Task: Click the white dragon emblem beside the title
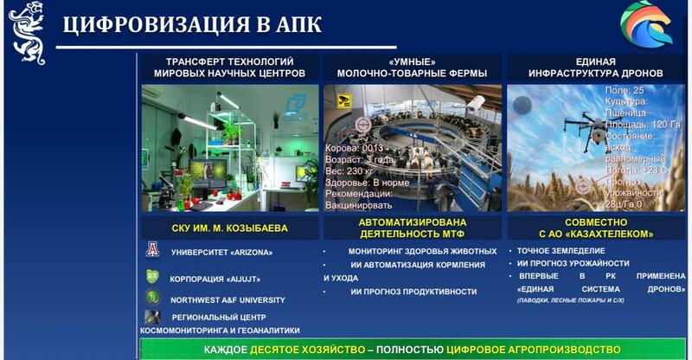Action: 26,32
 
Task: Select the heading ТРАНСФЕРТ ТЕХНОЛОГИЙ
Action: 229,61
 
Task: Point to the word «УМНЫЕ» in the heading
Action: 412,61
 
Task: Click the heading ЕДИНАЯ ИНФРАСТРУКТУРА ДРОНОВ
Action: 595,67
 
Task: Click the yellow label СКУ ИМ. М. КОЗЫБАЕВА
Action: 230,229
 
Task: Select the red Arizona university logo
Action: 153,251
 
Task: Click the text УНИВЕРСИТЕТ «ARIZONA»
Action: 221,253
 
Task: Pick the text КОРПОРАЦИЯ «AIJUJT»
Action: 215,279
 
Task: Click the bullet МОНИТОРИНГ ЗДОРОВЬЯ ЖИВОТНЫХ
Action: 423,252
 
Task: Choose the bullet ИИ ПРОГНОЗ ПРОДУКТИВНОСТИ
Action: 413,292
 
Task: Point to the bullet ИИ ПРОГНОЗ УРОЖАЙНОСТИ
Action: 573,263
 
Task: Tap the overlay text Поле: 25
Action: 624,90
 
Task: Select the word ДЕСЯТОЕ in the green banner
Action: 280,350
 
